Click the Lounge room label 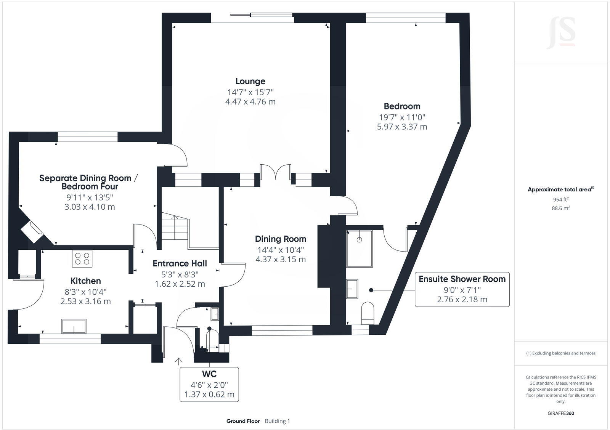coord(250,81)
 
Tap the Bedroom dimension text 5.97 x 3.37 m coord(402,127)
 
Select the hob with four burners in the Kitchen coord(82,258)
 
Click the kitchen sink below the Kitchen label coord(74,326)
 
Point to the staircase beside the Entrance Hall coord(175,228)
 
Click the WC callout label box coord(209,384)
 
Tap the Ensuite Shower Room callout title coord(462,279)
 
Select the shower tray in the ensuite coord(359,249)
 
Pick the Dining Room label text coord(281,239)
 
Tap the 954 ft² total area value coord(560,199)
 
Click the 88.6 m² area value coord(560,208)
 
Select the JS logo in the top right coord(561,33)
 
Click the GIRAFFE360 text coord(560,413)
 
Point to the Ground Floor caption coord(243,421)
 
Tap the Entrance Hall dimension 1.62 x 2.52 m coord(180,284)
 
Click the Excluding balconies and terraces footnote coord(560,353)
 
